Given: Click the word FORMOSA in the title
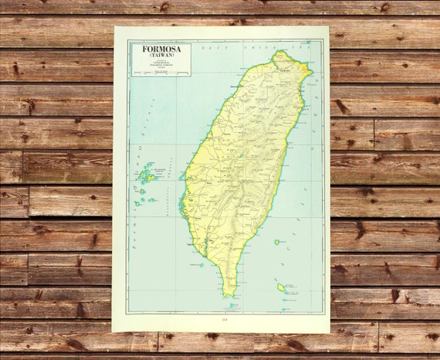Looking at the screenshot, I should click(161, 49).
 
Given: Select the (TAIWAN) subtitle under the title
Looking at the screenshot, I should click(161, 56).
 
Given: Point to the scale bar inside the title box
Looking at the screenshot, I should click(161, 72).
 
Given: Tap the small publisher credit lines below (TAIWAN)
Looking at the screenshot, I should click(161, 64).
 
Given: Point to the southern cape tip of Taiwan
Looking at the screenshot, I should click(228, 295).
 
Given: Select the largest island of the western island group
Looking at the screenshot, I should click(146, 176).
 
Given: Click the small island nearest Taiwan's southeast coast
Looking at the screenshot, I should click(276, 242).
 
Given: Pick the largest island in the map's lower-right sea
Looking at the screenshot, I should click(281, 287).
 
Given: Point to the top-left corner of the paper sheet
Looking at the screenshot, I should click(115, 27).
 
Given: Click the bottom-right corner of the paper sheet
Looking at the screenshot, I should click(330, 332).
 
